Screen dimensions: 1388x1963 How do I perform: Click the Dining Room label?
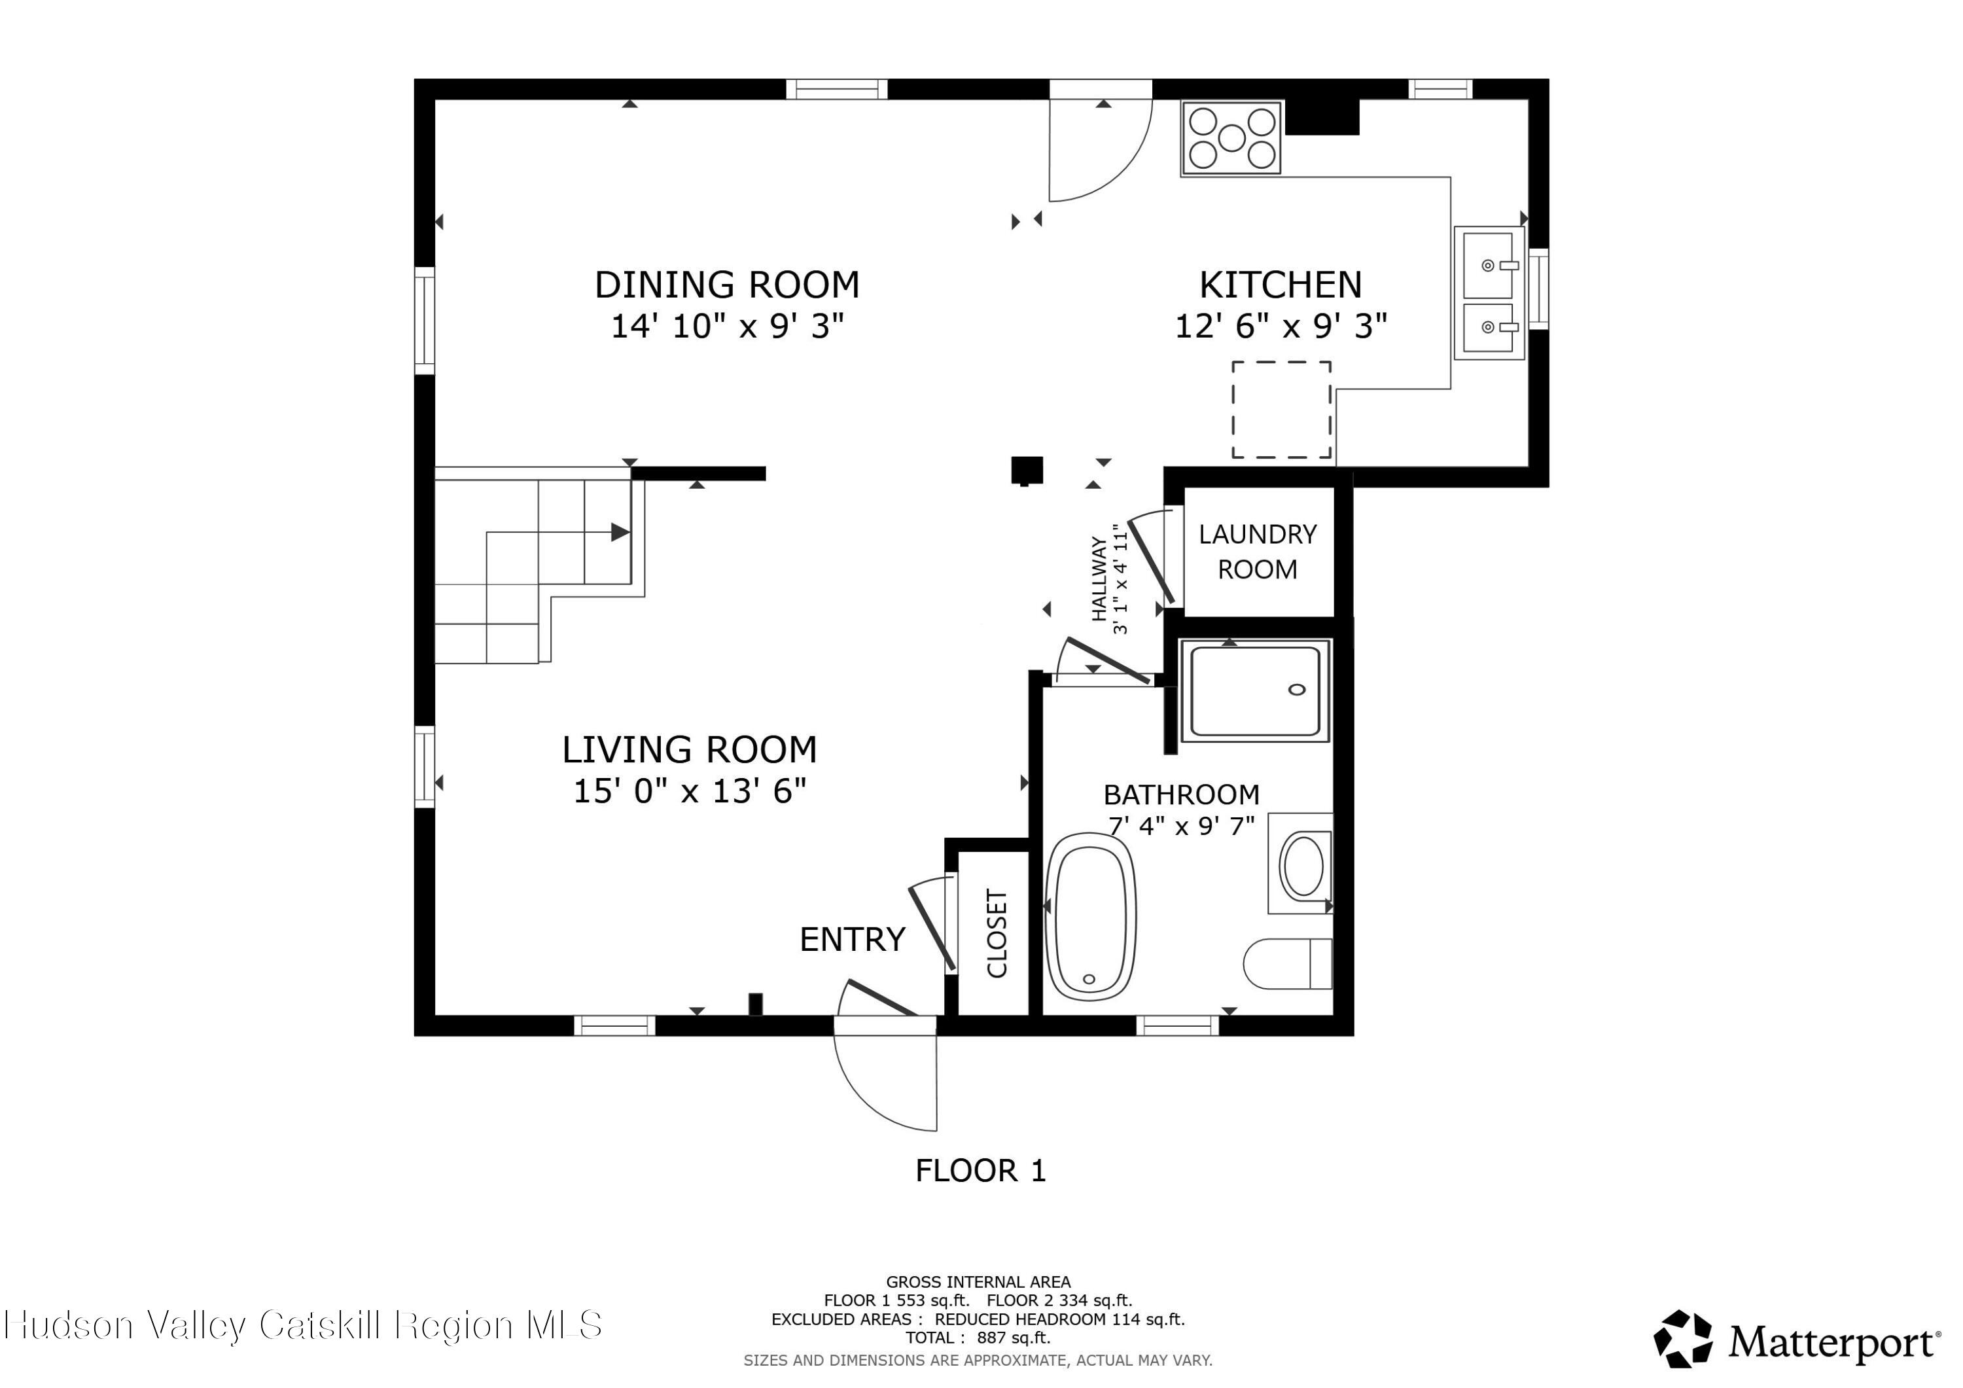pos(727,285)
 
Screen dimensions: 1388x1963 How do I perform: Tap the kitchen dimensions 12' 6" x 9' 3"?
pos(1280,326)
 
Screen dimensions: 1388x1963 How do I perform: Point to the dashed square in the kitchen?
pos(1280,410)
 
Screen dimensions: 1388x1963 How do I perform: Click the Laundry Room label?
pos(1257,552)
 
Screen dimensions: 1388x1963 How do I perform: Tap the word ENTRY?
pos(851,940)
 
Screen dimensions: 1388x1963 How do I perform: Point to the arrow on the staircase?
pos(619,532)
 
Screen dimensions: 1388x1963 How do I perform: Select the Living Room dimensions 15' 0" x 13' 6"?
pos(689,791)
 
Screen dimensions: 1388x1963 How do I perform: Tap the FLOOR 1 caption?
pos(980,1171)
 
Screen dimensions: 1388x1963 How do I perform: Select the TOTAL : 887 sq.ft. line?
pos(978,1338)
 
